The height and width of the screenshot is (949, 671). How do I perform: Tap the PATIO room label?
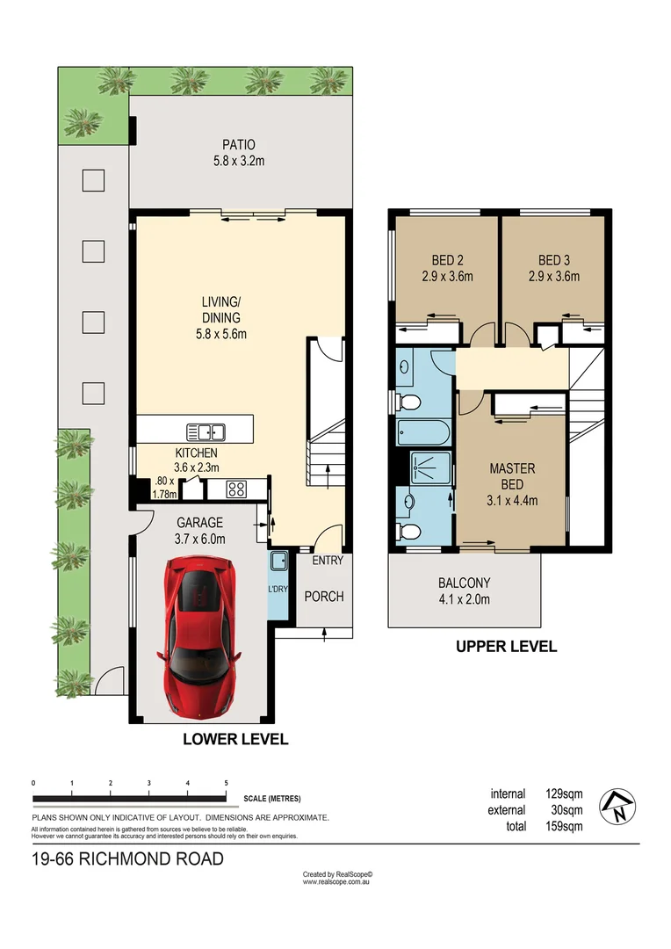[238, 145]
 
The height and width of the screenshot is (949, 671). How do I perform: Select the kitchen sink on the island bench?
[206, 431]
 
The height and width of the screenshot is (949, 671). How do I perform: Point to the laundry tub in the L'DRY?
[278, 561]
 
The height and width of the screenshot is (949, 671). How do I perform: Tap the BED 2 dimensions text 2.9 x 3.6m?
[447, 277]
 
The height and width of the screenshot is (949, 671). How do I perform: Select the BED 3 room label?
[553, 260]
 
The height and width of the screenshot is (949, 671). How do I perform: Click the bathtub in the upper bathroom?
[423, 432]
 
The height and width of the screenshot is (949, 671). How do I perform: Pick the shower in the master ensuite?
[431, 468]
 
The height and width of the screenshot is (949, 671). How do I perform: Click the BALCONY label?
[464, 583]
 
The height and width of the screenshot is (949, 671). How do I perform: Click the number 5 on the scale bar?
[227, 782]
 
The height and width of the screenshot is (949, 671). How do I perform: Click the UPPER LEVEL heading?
[505, 647]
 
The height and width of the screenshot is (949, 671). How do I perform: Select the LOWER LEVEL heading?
[234, 739]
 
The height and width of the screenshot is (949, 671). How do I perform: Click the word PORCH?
[323, 597]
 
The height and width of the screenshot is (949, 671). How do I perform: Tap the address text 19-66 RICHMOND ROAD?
[127, 858]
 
